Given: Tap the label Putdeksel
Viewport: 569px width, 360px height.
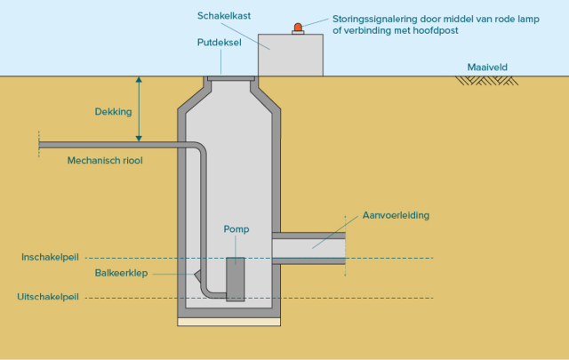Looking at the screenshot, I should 220,42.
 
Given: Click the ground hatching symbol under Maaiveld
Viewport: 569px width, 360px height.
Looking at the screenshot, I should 487,81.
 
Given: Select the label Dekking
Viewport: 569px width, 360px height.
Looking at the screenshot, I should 113,112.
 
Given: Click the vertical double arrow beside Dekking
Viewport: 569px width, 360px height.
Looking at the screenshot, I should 139,109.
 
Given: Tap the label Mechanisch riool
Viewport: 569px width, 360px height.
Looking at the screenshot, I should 105,161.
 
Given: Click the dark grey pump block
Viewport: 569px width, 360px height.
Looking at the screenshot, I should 235,279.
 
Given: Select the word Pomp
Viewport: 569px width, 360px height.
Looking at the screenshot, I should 236,228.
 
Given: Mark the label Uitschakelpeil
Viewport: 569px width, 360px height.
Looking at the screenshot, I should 49,297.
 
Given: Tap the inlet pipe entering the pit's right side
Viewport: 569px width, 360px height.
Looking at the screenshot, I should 307,248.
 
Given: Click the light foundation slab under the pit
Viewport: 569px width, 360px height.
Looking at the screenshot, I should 230,322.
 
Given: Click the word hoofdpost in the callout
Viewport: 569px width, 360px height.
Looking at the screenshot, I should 435,30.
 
